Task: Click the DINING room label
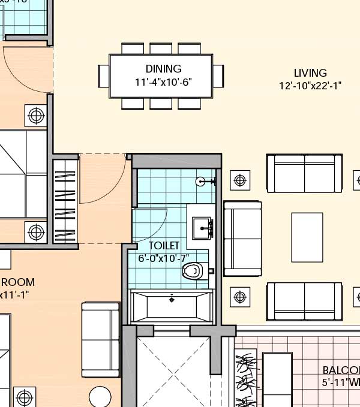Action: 163,69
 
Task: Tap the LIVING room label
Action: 310,74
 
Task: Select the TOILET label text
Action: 164,246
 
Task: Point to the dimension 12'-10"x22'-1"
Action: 310,86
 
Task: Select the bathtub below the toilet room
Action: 172,306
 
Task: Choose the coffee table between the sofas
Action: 307,237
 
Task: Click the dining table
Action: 161,76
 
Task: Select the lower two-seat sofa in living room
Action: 304,301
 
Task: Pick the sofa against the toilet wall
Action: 242,238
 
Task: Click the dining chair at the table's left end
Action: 103,76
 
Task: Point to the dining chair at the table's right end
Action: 218,76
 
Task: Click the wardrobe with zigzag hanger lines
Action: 65,201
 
